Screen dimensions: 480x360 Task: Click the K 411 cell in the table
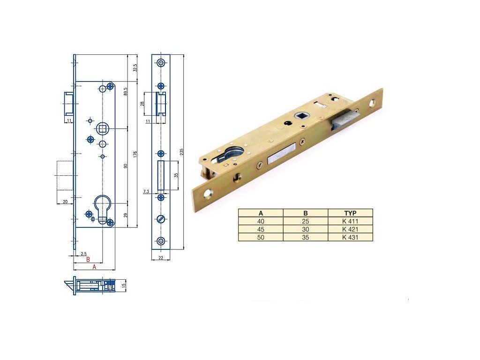coord(350,221)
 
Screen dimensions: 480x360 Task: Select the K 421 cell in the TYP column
coord(350,229)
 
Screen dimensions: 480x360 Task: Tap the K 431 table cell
coord(350,237)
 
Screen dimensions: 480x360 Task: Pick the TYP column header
coord(350,213)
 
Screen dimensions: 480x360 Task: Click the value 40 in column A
coord(261,221)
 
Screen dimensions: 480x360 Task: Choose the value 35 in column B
coord(306,237)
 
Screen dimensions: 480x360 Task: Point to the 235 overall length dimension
coord(181,152)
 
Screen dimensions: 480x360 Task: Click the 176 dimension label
coord(135,154)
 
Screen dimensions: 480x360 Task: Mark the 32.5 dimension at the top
coord(135,68)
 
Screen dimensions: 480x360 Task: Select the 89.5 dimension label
coord(125,91)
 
